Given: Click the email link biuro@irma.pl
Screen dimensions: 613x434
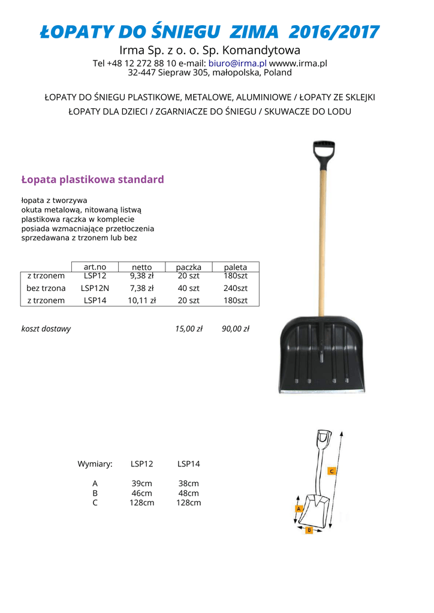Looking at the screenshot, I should (237, 63).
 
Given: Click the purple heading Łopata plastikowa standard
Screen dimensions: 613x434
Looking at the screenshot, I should (92, 180).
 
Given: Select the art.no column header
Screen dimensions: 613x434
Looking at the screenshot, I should (95, 267).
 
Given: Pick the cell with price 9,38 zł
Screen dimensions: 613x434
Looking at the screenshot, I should (141, 276).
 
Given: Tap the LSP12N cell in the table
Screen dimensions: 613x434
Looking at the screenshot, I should (95, 288).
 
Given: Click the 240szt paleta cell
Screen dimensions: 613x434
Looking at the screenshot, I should (236, 288).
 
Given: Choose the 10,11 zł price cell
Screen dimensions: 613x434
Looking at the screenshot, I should (141, 301).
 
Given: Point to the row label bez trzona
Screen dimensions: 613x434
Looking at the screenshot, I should (46, 288).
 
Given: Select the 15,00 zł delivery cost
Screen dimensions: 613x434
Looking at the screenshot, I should (189, 329).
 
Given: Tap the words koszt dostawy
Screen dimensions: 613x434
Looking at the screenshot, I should (46, 329).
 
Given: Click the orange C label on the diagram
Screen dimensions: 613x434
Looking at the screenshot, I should (331, 471).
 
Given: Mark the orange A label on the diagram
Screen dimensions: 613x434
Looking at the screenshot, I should (299, 508).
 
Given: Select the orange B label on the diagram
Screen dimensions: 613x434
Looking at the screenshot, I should (309, 530).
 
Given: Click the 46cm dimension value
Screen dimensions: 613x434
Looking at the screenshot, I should (141, 493).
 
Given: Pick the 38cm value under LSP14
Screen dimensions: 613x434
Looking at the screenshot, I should (189, 484).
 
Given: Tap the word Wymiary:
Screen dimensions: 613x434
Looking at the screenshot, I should (95, 464).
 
